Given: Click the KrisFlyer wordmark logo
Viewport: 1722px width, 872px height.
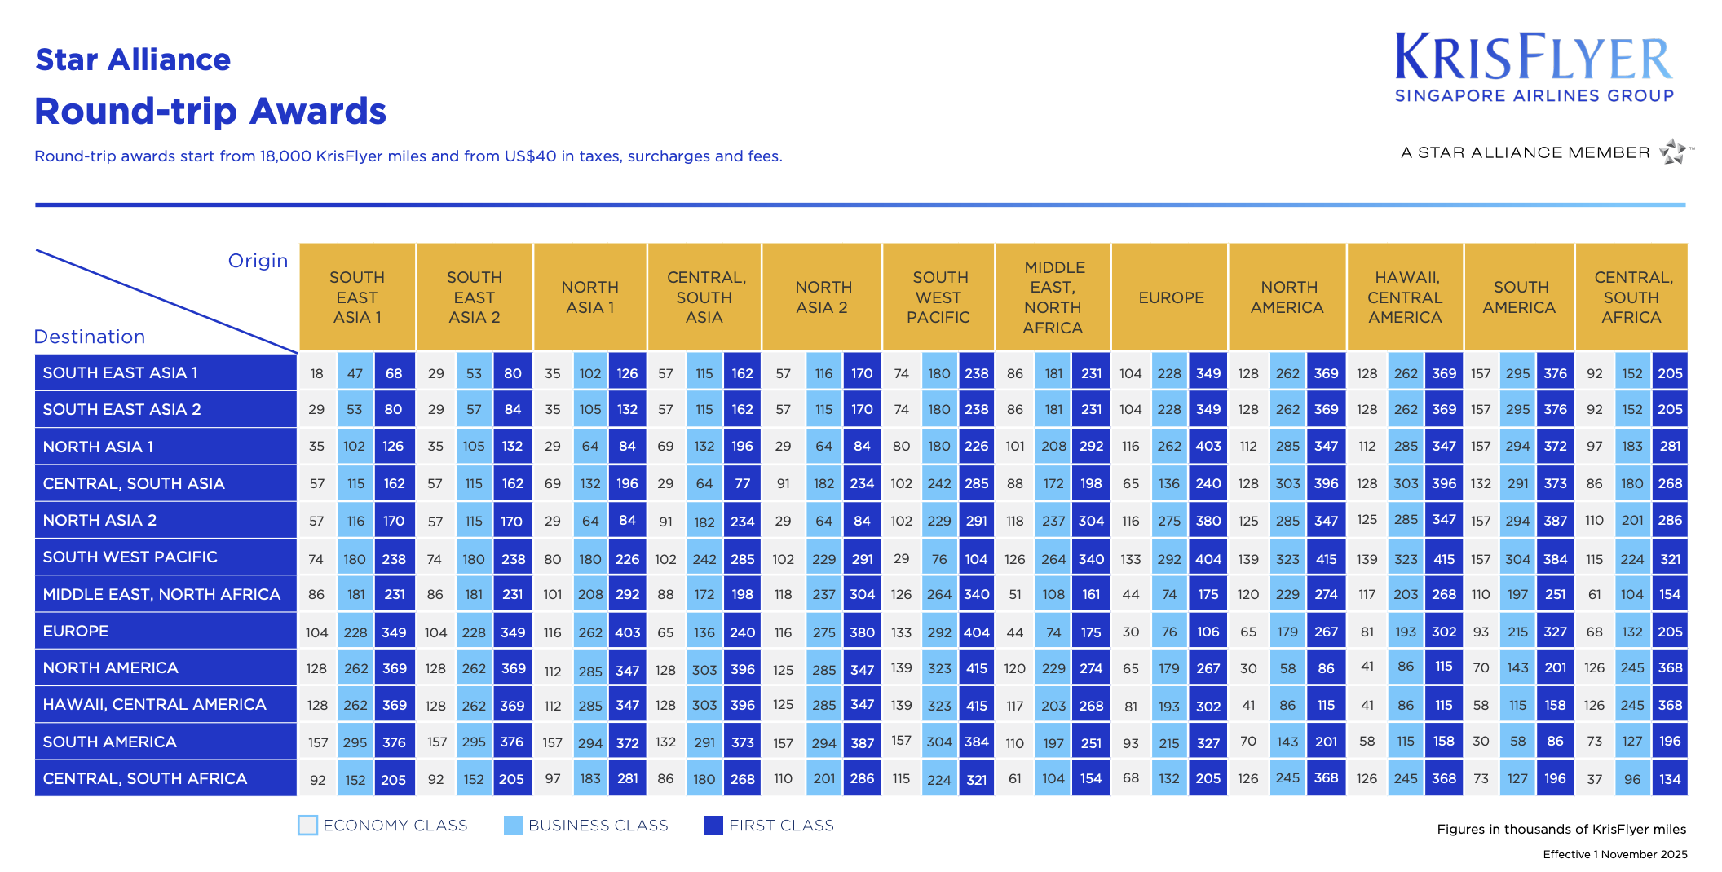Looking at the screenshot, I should tap(1534, 58).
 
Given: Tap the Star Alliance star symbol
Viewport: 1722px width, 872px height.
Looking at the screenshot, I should tap(1674, 152).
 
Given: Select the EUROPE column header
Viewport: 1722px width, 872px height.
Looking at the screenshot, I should tap(1171, 297).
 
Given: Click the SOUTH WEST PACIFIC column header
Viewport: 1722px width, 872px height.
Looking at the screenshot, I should tap(938, 297).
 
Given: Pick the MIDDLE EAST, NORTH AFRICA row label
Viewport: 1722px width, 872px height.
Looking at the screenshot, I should tap(161, 594).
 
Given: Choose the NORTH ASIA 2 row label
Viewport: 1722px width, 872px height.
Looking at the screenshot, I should tap(99, 520).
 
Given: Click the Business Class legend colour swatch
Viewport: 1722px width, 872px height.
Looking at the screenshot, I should tap(513, 825).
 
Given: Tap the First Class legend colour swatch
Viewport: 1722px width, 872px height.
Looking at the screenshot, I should tap(713, 825).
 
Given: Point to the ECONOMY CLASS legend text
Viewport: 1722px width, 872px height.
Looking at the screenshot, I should tap(395, 826).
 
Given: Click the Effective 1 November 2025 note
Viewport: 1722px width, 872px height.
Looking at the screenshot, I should tap(1614, 854).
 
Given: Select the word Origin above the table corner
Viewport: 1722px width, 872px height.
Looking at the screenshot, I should tap(258, 261).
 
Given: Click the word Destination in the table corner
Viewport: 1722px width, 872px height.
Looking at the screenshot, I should tap(90, 337).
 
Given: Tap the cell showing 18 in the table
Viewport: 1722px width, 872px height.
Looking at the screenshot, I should tap(317, 373).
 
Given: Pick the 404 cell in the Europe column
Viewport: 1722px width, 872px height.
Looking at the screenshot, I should tap(1208, 559).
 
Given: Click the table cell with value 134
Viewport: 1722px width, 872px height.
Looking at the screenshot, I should tap(1670, 779).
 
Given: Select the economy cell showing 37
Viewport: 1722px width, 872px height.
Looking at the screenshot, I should tap(1595, 779).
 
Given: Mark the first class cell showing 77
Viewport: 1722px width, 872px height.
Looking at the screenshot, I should tap(742, 483).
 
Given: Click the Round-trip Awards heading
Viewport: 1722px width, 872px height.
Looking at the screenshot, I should tap(210, 111).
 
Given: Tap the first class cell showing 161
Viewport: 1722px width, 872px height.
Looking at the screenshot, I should tap(1091, 594).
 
